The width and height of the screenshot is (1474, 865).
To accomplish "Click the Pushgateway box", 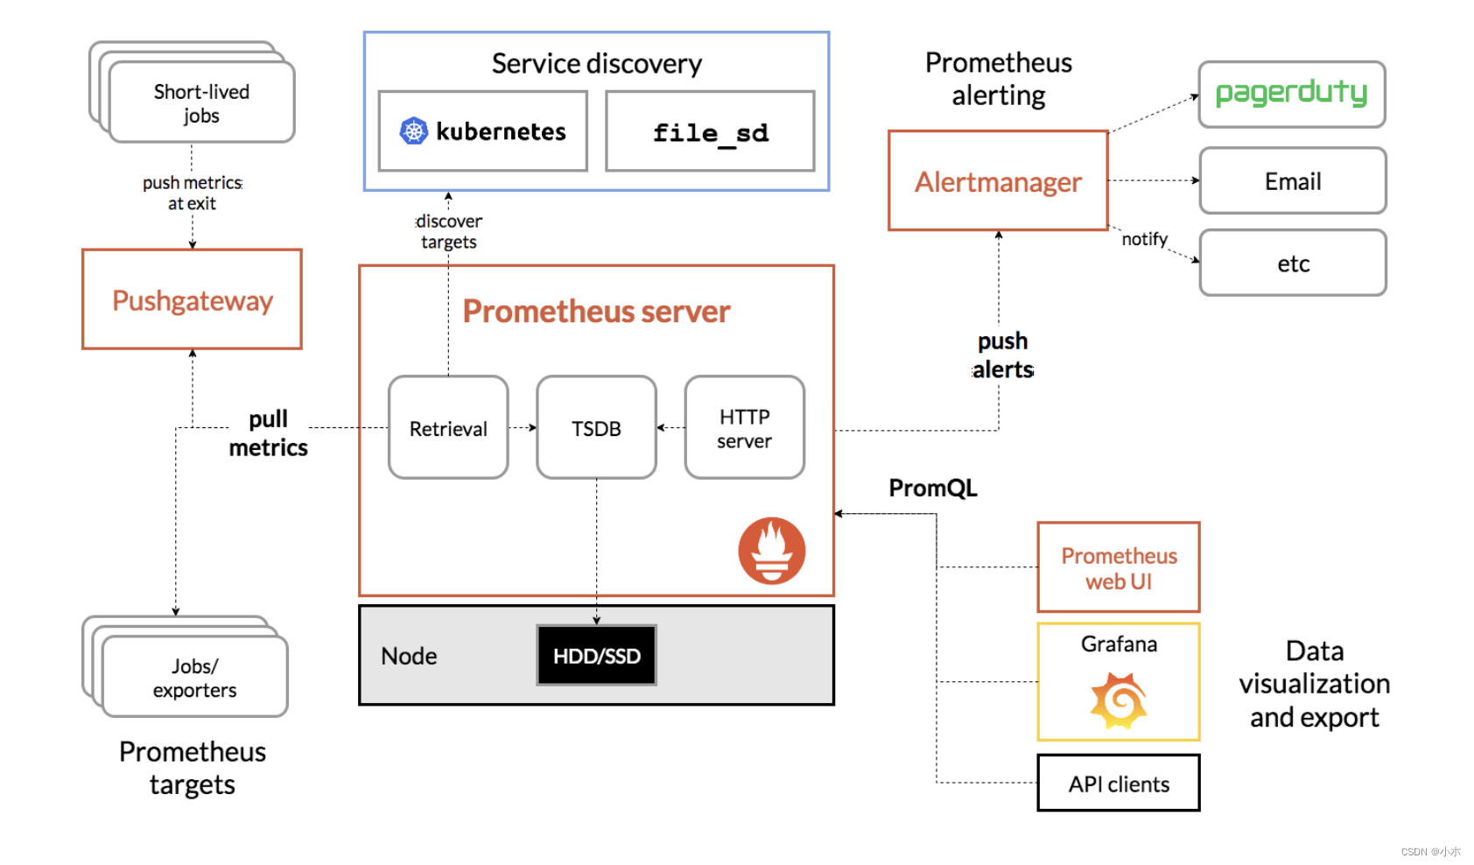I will [x=192, y=299].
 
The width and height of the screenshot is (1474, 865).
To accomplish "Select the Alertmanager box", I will [x=998, y=181].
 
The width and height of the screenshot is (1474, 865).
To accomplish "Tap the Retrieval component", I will [x=448, y=428].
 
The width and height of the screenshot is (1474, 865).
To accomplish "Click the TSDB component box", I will [x=596, y=428].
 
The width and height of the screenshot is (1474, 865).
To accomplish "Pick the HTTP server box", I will [x=744, y=428].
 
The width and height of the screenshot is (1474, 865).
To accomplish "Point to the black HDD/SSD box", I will [x=596, y=656].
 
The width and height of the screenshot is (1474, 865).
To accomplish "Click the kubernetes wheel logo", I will [x=413, y=131].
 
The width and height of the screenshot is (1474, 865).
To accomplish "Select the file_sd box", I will [x=710, y=132].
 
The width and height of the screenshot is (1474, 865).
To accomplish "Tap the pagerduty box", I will [x=1291, y=94].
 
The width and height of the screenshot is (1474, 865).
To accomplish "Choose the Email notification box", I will [x=1292, y=181].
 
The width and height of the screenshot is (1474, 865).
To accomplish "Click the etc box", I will [x=1292, y=264].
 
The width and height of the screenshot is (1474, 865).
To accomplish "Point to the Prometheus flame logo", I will [x=771, y=551].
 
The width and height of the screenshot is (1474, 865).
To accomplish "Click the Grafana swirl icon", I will [x=1119, y=700].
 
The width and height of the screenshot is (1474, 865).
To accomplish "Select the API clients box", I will [x=1118, y=784].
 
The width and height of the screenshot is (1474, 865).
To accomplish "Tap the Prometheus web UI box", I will [x=1118, y=568].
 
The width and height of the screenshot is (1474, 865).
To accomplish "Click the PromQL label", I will [x=932, y=488].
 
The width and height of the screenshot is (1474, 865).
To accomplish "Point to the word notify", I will [x=1144, y=239].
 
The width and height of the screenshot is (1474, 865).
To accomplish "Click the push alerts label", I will [x=1002, y=355].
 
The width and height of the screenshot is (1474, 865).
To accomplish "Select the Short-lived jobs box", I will [x=201, y=103].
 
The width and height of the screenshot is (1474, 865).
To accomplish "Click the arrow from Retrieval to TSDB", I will [x=523, y=428].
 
